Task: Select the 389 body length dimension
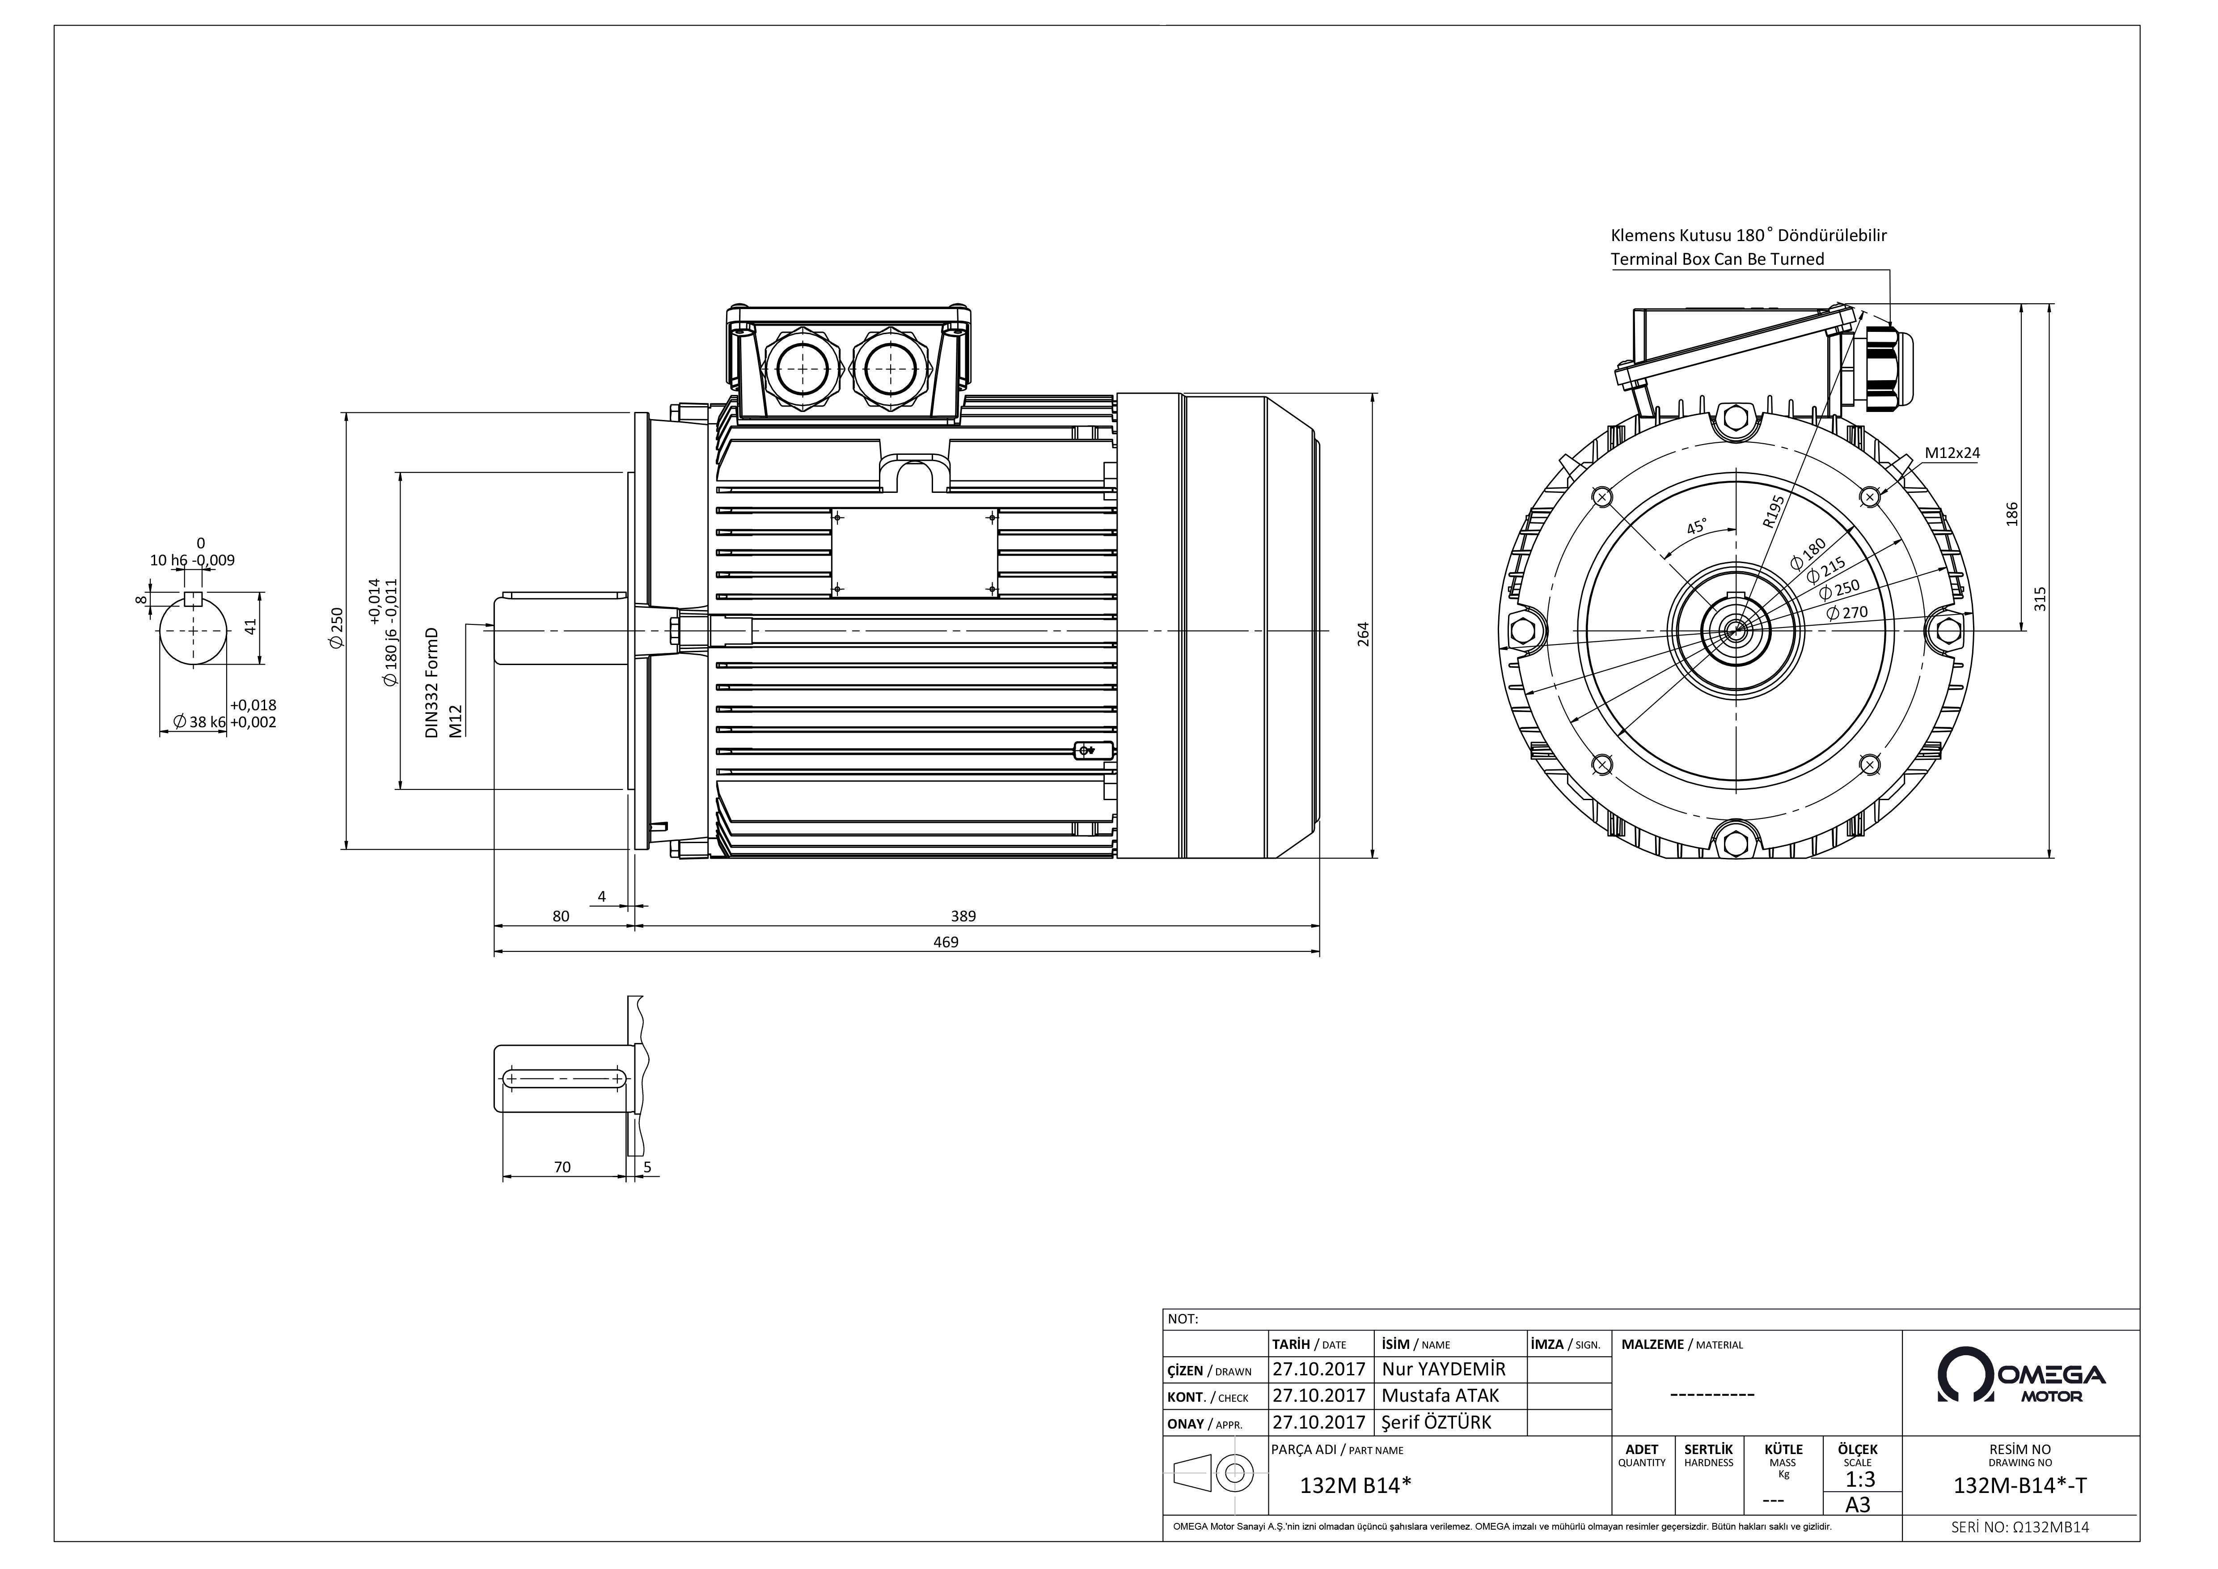coord(963,916)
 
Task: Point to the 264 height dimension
coord(1364,634)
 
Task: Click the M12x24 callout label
coord(1952,452)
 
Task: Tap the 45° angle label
coord(1696,527)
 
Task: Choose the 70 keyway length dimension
coord(562,1167)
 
